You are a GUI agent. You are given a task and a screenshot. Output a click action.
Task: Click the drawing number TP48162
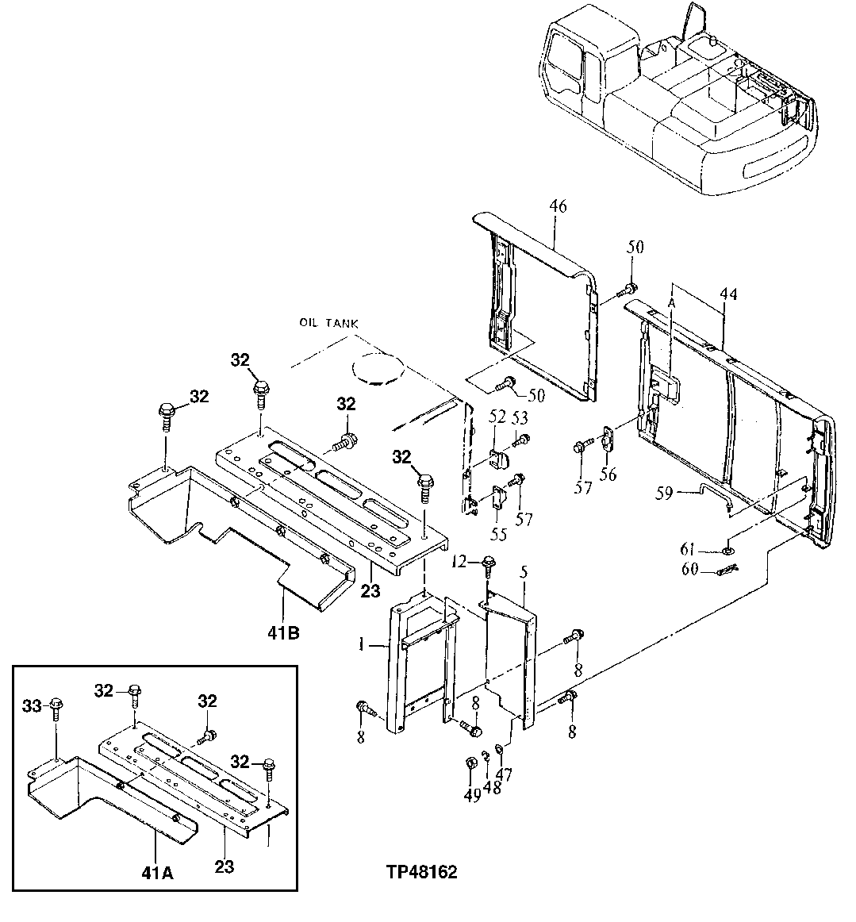[421, 872]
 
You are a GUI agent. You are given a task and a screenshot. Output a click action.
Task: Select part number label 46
[558, 208]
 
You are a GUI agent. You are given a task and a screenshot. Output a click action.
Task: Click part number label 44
[727, 295]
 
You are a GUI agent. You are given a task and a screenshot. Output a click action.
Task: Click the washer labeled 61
[727, 550]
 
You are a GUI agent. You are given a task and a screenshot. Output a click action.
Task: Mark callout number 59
[665, 494]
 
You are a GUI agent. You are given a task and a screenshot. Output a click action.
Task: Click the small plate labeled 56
[608, 439]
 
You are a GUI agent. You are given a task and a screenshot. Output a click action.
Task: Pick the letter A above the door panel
[672, 302]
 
